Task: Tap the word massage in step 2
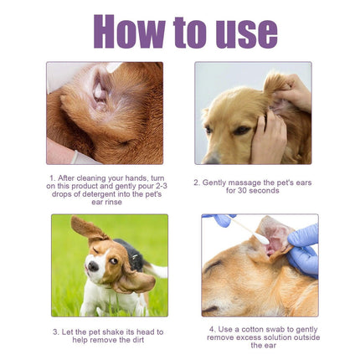pyautogui.click(x=237, y=181)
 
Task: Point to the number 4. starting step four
pyautogui.click(x=211, y=328)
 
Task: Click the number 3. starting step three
pyautogui.click(x=56, y=332)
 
